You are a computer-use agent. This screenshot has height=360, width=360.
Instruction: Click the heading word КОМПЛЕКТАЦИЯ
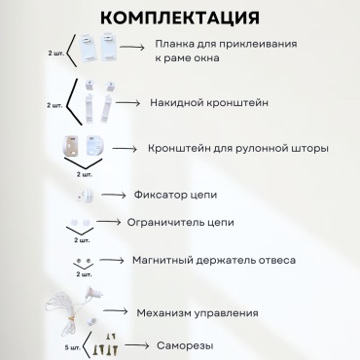[180, 18]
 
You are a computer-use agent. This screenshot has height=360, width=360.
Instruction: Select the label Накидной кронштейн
[209, 103]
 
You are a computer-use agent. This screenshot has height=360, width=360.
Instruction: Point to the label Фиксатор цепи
[175, 195]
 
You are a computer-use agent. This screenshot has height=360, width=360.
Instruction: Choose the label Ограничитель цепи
[180, 223]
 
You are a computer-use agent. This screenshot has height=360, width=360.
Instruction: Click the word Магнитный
[158, 261]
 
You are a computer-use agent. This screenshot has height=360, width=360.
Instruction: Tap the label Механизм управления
[198, 313]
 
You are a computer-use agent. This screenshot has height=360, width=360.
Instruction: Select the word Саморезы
[185, 345]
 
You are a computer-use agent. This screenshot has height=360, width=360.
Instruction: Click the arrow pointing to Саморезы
[136, 345]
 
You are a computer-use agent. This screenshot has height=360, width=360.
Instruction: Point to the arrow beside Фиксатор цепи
[114, 195]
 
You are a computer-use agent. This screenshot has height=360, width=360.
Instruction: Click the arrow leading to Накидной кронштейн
[127, 103]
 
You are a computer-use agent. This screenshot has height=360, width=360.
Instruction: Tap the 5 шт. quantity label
[72, 347]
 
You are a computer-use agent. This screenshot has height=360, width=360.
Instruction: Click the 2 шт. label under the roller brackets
[85, 174]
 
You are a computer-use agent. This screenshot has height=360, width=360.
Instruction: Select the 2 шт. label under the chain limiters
[82, 240]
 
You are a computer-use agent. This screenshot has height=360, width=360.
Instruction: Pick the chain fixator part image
[86, 196]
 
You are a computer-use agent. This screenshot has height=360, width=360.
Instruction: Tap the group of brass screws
[105, 344]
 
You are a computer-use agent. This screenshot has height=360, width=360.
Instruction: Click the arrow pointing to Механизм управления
[116, 311]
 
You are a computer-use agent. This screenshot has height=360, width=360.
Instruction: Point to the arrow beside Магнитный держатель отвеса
[112, 260]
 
